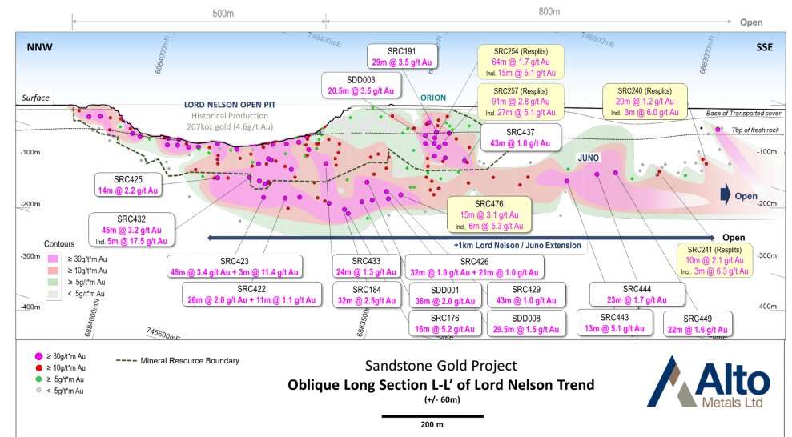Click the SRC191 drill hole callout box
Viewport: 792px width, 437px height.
401,57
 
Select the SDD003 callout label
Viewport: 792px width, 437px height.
360,86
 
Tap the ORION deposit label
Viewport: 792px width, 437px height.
433,98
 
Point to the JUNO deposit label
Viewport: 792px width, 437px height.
589,158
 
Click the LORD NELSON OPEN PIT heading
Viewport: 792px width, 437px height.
230,105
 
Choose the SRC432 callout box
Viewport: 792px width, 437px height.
131,231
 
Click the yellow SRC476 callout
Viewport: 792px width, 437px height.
489,215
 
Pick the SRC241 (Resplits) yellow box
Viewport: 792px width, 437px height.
714,260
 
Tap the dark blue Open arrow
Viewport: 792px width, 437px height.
726,195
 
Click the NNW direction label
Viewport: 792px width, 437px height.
39,47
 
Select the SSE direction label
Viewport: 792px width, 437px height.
764,47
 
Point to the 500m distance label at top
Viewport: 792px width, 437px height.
223,13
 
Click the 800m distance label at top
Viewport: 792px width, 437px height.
549,12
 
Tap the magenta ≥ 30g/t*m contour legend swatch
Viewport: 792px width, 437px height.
53,259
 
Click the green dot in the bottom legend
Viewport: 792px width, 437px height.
38,379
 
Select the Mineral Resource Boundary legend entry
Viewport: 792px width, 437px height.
177,361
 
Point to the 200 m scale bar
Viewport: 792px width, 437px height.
432,416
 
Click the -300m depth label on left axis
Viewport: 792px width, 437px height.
30,256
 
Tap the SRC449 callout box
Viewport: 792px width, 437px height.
698,324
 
